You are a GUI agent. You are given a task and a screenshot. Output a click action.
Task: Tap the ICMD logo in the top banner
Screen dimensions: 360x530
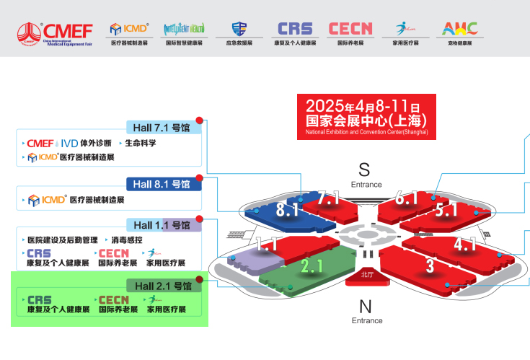tap(129, 29)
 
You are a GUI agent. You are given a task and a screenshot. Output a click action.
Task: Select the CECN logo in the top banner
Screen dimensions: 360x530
tap(350, 29)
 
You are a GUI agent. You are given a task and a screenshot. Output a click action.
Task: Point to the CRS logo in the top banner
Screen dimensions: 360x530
tap(295, 29)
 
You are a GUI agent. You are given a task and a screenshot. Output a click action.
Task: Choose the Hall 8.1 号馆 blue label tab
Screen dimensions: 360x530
tap(164, 184)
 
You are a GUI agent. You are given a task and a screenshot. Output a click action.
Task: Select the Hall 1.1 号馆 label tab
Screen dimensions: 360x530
tap(164, 225)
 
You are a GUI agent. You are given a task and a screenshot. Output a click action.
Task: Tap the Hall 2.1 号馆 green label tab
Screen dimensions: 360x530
tap(163, 286)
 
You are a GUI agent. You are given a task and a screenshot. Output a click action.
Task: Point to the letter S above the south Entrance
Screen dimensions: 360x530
tap(364, 170)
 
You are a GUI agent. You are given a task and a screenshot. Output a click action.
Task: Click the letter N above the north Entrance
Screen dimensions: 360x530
tap(365, 306)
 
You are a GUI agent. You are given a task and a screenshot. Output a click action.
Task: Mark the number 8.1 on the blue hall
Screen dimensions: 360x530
tap(288, 210)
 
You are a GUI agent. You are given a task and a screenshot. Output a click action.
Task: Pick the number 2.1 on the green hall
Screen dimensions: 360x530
tap(312, 266)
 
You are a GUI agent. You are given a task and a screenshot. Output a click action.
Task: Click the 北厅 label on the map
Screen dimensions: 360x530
tap(366, 274)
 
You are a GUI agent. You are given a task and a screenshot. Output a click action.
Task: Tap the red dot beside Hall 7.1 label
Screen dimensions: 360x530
tap(200, 120)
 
